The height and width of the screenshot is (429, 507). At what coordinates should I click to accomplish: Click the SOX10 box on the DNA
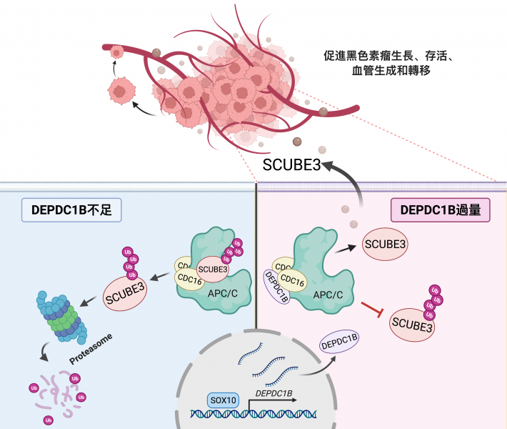point(222,400)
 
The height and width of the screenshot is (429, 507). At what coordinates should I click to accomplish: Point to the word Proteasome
point(91,346)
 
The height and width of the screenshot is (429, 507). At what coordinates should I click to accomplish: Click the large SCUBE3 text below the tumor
point(292,164)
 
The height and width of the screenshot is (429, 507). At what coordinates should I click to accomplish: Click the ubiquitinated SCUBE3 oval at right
point(413,327)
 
